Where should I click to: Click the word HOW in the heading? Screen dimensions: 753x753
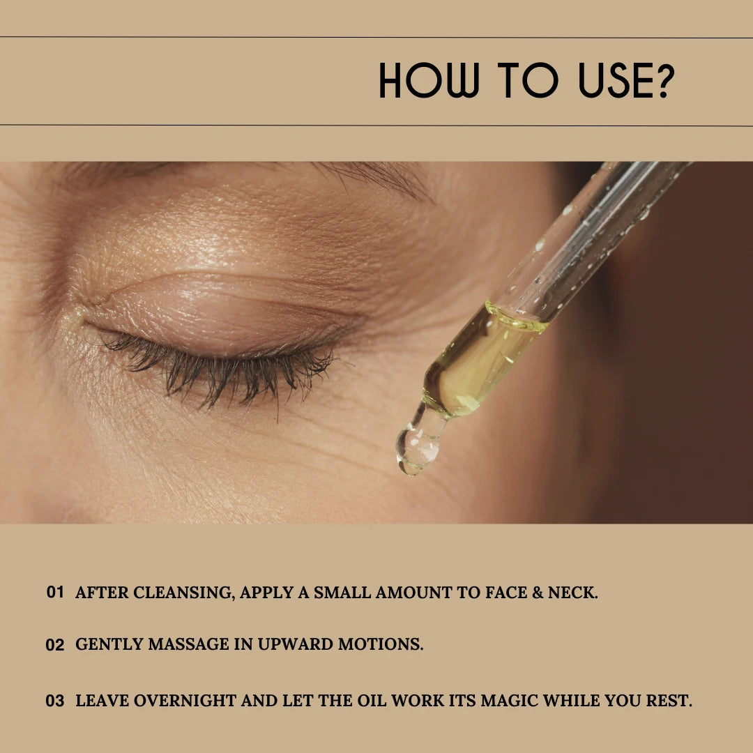(429, 80)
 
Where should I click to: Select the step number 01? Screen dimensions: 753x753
(55, 592)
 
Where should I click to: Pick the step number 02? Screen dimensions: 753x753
(55, 644)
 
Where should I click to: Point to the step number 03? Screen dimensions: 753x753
(55, 701)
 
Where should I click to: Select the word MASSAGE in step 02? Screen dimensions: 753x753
(189, 644)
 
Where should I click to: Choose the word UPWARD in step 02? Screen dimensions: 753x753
(296, 644)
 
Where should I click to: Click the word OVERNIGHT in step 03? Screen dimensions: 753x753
(185, 701)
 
